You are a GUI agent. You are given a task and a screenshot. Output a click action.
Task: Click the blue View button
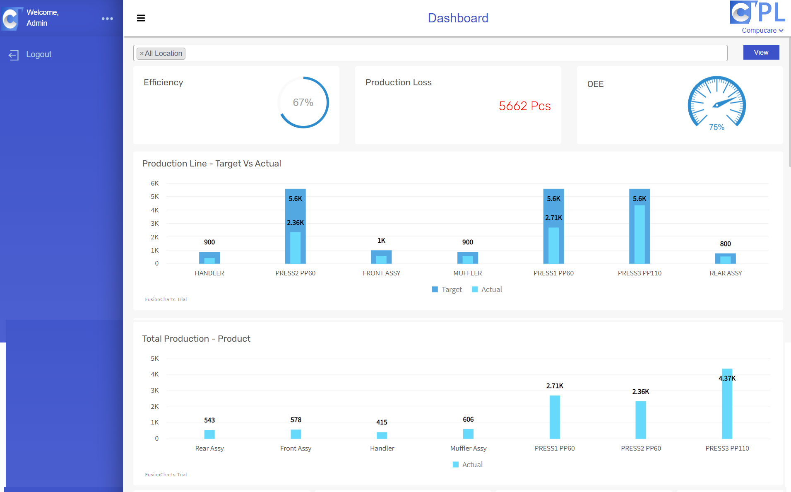pos(761,53)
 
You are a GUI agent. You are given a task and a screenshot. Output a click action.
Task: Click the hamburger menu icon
pos(141,18)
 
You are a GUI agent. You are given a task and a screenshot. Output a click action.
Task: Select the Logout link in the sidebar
pos(38,54)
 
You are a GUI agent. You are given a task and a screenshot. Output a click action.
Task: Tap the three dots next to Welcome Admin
pos(107,19)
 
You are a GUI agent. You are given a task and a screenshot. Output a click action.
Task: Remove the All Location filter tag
pos(142,53)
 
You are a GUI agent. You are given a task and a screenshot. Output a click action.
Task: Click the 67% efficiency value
pos(303,102)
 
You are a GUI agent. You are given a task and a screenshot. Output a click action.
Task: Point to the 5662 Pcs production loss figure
pos(524,106)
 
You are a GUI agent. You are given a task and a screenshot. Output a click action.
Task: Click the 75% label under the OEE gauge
pos(716,127)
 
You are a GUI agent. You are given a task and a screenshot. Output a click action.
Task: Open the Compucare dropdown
pos(762,31)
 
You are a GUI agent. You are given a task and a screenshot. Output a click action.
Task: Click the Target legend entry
pos(447,289)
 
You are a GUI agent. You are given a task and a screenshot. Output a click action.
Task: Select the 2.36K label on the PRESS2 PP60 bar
pos(295,223)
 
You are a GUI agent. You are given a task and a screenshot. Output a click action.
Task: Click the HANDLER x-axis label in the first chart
pos(209,273)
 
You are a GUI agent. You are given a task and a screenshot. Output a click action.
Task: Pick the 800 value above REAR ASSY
pos(725,244)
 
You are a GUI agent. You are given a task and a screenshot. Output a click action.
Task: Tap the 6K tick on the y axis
pos(155,183)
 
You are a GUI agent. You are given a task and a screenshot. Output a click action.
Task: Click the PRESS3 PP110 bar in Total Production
pos(727,406)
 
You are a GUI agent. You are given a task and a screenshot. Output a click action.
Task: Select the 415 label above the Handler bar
pos(382,422)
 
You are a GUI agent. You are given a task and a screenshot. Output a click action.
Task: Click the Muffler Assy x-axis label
pos(468,449)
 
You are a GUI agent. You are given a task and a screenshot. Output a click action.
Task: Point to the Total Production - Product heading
pos(196,339)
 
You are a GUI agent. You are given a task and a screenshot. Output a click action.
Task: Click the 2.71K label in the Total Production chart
pos(555,386)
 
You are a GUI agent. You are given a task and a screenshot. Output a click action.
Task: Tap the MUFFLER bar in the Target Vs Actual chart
pos(467,258)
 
